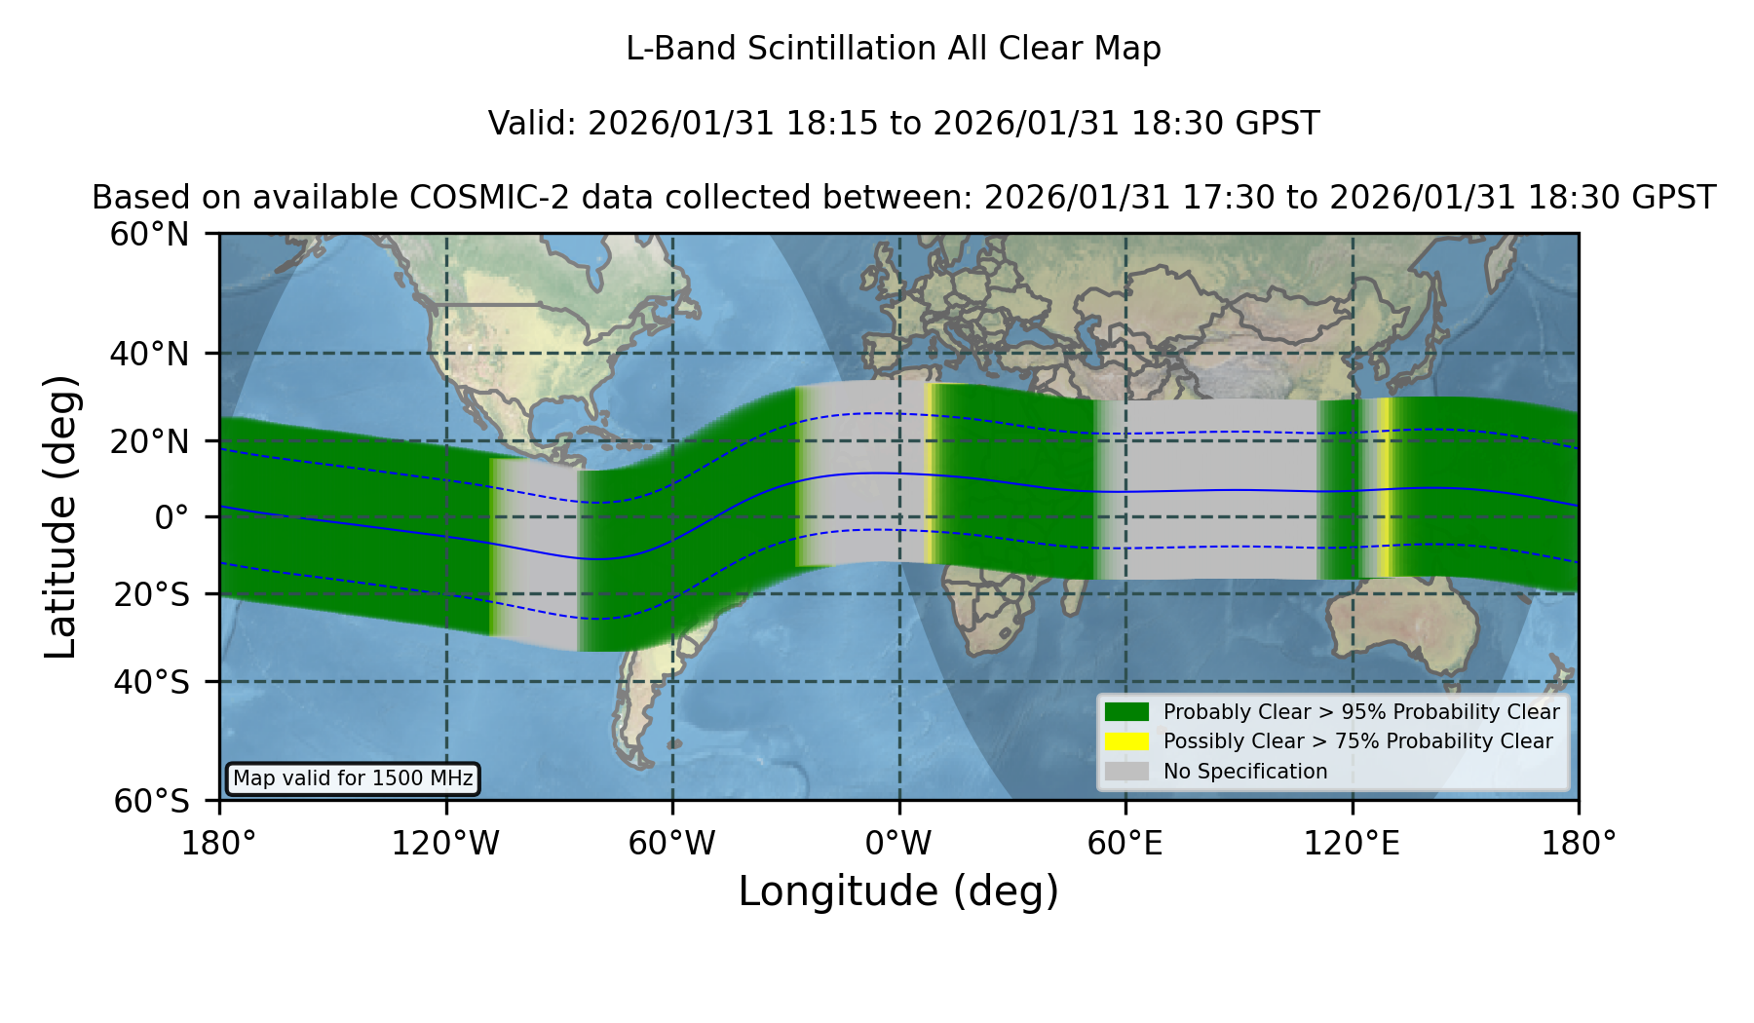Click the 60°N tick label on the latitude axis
click(x=149, y=235)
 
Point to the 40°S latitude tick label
click(x=151, y=682)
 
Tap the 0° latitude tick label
click(x=172, y=517)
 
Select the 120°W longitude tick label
click(x=445, y=844)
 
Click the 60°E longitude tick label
click(x=1125, y=844)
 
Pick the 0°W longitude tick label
click(x=898, y=844)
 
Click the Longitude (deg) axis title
click(x=898, y=891)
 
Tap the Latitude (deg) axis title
click(x=60, y=516)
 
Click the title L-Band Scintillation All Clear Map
click(x=894, y=49)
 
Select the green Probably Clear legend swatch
click(x=1126, y=712)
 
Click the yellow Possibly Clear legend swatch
click(x=1126, y=741)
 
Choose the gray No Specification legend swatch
click(x=1126, y=772)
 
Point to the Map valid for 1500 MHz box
click(x=353, y=778)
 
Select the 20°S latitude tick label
click(x=151, y=594)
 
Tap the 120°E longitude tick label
click(x=1352, y=844)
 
